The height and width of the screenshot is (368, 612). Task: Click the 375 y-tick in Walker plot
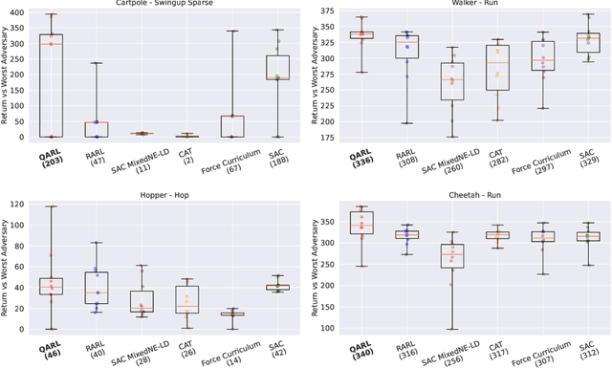(327, 11)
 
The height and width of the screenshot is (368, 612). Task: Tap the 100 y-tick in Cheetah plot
(327, 328)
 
